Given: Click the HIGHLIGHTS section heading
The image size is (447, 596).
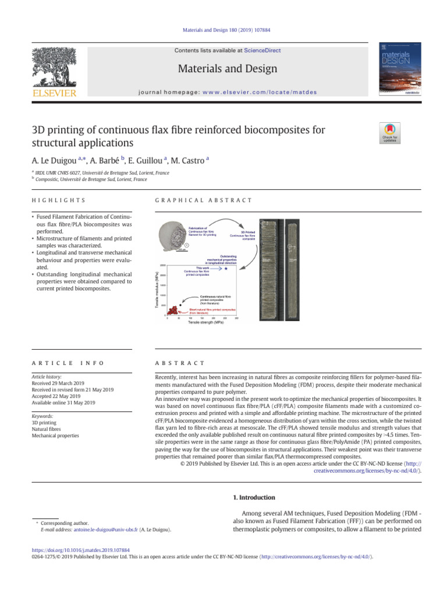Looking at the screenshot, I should (x=58, y=200).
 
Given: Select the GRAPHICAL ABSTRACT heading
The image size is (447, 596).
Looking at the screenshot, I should (x=204, y=200).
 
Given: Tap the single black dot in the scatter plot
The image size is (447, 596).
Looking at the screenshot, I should (x=181, y=305).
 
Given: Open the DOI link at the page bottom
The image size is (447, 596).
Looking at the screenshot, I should (x=80, y=549).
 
